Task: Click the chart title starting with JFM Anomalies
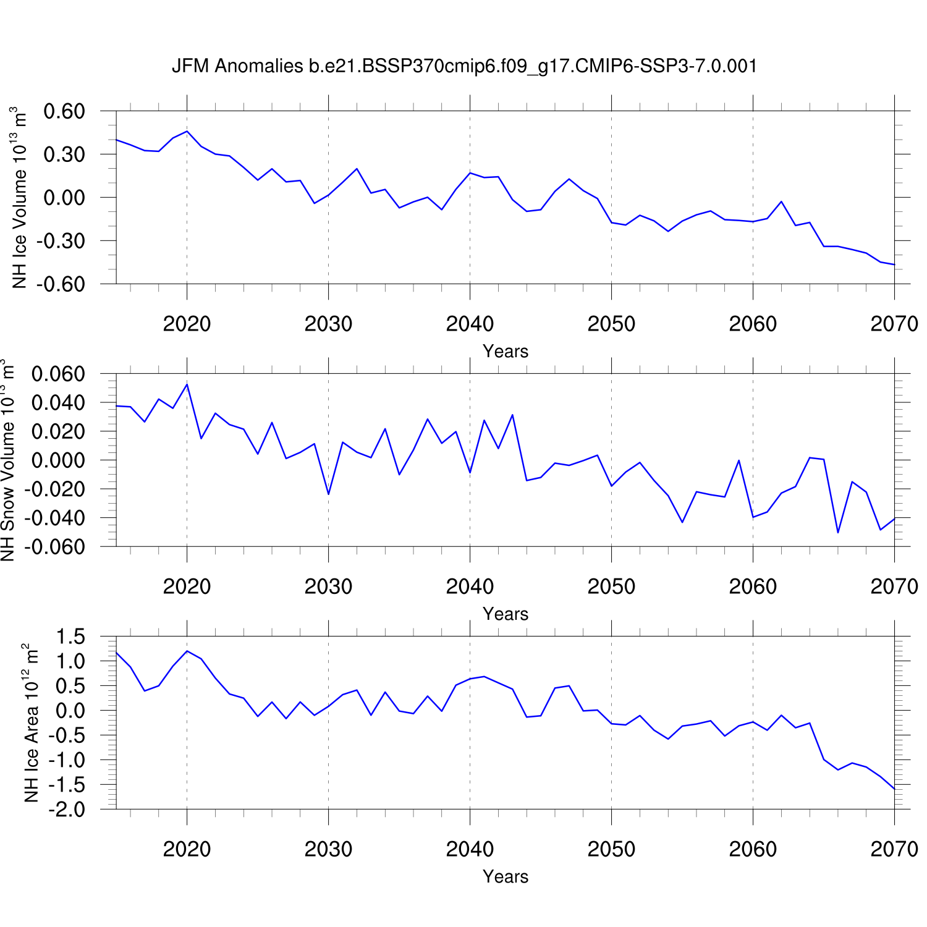click(464, 66)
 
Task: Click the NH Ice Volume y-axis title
click(20, 198)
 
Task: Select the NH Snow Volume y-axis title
click(7, 460)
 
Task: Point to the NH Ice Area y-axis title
click(31, 723)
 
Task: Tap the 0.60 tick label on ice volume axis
click(64, 112)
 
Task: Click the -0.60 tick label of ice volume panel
click(61, 284)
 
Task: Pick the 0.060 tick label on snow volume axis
click(58, 375)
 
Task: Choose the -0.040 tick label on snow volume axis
click(54, 519)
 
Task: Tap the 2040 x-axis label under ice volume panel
click(470, 324)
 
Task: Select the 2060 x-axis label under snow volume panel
click(753, 586)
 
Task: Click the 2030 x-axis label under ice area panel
click(328, 849)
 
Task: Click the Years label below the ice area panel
click(506, 876)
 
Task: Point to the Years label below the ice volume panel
click(506, 351)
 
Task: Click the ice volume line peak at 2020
click(187, 131)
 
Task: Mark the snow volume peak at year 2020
click(187, 384)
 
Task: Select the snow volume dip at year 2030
click(328, 494)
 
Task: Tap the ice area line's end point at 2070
click(894, 789)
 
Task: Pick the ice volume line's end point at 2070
click(894, 265)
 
